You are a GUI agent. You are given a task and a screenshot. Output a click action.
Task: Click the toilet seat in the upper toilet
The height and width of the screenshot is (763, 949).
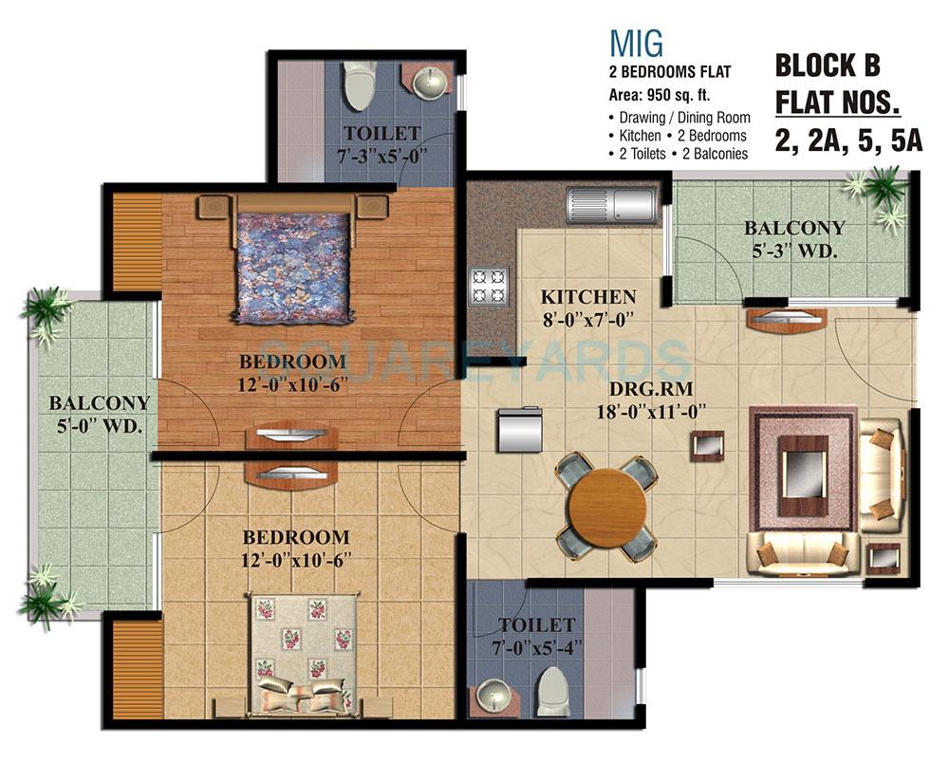[358, 86]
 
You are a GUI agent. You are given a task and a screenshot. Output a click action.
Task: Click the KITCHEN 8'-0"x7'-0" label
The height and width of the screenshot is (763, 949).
[588, 307]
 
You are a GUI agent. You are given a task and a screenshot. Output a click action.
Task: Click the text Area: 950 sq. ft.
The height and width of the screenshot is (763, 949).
[660, 95]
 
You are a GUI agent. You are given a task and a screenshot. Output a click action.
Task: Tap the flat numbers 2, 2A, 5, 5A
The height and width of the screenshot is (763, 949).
[848, 140]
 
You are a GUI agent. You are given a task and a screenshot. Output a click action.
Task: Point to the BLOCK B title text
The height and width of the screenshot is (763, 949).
[828, 65]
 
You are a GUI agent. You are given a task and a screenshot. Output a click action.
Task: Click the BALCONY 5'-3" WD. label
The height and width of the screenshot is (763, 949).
[794, 238]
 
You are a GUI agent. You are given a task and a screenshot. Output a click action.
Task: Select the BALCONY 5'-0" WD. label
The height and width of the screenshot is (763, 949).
[100, 415]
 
